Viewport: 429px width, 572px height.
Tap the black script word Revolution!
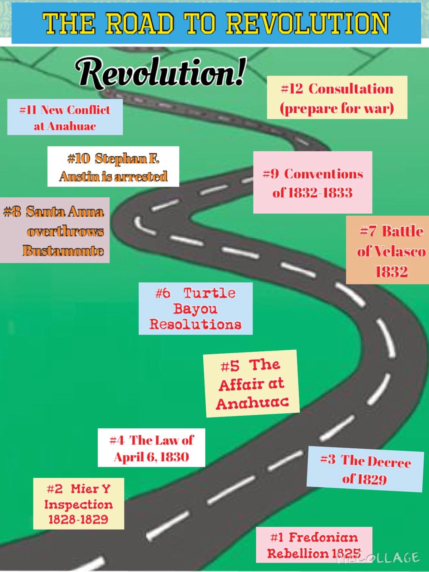coord(161,73)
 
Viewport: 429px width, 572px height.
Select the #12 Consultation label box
coord(337,98)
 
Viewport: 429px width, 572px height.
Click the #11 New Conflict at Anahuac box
coord(65,117)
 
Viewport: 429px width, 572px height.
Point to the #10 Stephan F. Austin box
coord(113,167)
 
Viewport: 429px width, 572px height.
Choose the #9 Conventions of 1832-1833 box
coord(313,183)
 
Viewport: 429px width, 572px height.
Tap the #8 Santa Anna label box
coord(54,231)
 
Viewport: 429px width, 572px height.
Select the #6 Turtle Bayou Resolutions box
coord(196,309)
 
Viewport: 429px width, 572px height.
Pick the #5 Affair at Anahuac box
coord(252,384)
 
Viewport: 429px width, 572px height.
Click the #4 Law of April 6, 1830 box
coord(152,448)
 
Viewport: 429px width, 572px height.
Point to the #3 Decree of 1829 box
coord(365,469)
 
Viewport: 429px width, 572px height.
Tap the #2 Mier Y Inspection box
coord(79,504)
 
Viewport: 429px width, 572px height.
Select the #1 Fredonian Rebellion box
coord(314,544)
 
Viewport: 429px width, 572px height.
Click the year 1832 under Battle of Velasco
coord(391,272)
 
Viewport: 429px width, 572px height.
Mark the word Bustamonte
coord(63,251)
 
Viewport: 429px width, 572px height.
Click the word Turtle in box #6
coord(209,293)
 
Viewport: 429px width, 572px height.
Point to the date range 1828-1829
coord(78,519)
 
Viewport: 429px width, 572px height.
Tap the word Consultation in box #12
coord(351,89)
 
